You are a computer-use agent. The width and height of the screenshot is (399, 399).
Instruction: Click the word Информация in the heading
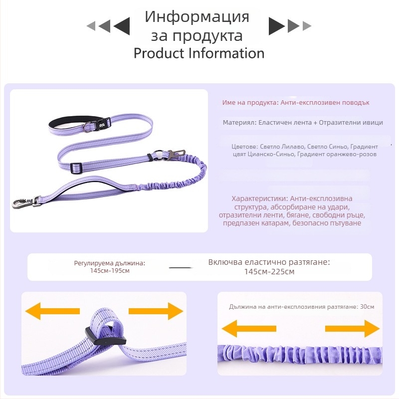tap(197, 17)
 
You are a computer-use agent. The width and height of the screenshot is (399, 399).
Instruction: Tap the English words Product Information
tap(199, 53)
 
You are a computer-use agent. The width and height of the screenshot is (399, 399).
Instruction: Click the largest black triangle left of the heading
tap(122, 26)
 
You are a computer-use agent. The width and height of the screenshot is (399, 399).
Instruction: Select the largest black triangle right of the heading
tap(276, 26)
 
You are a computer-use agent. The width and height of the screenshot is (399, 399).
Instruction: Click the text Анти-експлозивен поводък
tap(325, 102)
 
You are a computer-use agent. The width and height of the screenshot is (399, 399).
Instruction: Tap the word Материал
tap(239, 122)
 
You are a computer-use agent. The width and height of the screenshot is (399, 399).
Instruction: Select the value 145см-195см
tap(110, 270)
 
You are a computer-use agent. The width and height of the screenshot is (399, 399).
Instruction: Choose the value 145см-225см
tap(269, 272)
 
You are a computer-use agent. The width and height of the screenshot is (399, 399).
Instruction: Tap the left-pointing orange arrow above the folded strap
tap(52, 311)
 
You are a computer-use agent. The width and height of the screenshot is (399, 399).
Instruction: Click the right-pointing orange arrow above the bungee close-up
tap(353, 329)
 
